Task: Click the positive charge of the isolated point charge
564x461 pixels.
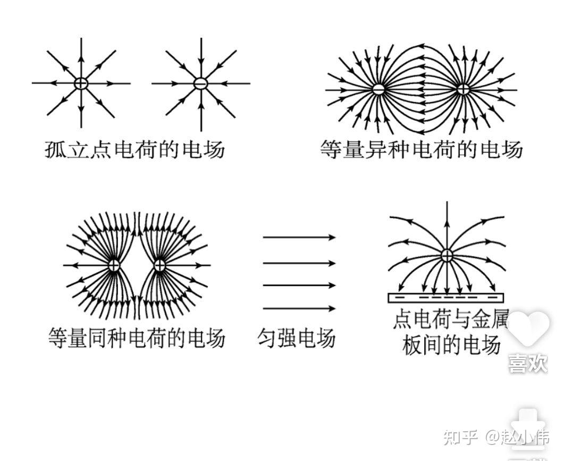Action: point(81,83)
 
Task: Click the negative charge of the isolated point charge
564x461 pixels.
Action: point(200,83)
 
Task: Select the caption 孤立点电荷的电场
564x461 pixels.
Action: point(134,149)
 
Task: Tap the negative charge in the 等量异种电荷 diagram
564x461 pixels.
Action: point(378,89)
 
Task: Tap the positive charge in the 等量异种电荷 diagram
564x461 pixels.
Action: point(464,89)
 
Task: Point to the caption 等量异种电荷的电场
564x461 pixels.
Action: point(422,149)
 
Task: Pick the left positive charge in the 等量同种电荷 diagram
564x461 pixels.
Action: point(114,265)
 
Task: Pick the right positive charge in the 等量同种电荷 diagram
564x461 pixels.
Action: point(159,265)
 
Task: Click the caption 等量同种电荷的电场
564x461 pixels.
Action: point(137,338)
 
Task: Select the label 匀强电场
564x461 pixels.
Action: point(297,338)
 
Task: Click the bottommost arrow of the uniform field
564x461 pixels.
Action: point(299,308)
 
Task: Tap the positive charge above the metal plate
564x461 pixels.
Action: point(447,256)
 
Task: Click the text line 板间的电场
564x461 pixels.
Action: point(451,346)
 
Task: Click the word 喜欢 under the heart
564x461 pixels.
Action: point(528,364)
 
